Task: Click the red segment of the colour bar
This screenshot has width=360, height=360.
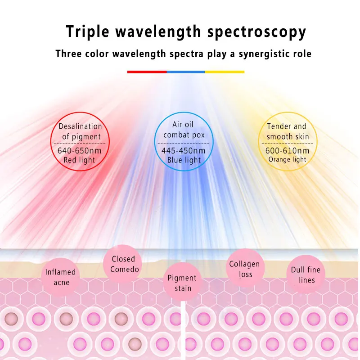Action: (147, 72)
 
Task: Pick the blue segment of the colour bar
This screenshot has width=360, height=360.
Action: (186, 72)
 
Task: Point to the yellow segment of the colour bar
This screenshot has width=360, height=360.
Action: (225, 72)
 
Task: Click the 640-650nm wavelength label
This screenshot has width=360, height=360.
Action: (80, 150)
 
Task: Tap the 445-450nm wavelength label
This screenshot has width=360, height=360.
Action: (184, 150)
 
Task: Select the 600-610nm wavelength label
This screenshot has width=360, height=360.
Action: (288, 150)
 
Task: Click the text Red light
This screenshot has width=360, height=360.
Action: (80, 160)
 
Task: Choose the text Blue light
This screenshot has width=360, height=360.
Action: (184, 160)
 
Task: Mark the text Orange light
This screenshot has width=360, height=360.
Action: (288, 159)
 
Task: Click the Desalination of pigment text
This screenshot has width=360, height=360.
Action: (80, 131)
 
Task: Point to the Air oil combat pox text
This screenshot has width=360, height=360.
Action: (184, 130)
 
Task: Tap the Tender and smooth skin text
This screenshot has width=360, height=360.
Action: (288, 131)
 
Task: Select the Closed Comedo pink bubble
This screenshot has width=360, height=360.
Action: (123, 264)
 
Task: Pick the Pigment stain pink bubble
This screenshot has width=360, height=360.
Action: (182, 283)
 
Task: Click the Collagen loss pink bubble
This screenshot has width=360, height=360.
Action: (245, 269)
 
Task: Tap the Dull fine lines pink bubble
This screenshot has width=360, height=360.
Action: (306, 274)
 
